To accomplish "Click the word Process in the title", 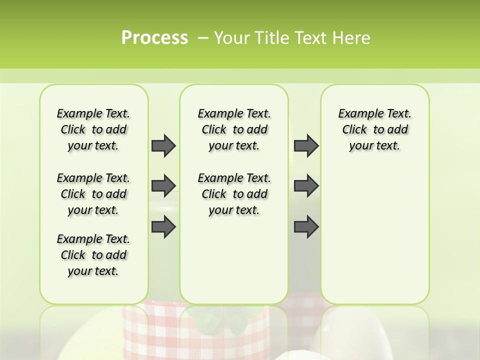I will point(154,38).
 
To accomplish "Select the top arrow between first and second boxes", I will point(163,145).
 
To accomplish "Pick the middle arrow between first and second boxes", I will point(163,186).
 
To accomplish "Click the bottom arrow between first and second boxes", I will point(163,227).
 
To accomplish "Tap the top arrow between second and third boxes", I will point(306,145).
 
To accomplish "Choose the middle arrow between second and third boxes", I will point(306,186).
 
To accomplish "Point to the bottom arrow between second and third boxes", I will point(306,227).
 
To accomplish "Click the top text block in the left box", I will point(93,129).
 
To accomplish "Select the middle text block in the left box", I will point(93,194).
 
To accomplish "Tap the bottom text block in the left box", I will point(93,255).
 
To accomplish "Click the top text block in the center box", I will point(234,129).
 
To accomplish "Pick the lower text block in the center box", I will point(234,194).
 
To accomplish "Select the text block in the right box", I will point(374,129).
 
